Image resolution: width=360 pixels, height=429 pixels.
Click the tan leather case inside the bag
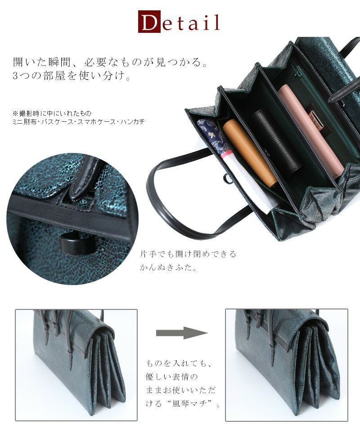(249, 154)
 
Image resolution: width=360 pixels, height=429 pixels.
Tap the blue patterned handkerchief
(214, 137)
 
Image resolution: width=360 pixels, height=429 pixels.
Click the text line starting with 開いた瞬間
(111, 63)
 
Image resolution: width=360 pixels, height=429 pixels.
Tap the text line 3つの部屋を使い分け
(72, 76)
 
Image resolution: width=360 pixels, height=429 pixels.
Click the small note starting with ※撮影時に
(52, 113)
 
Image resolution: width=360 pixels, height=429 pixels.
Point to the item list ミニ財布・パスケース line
(79, 121)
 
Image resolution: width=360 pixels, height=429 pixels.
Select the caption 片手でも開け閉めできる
(188, 254)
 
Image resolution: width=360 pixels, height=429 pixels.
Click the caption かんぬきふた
(168, 267)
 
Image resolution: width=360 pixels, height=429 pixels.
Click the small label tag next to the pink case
(316, 120)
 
